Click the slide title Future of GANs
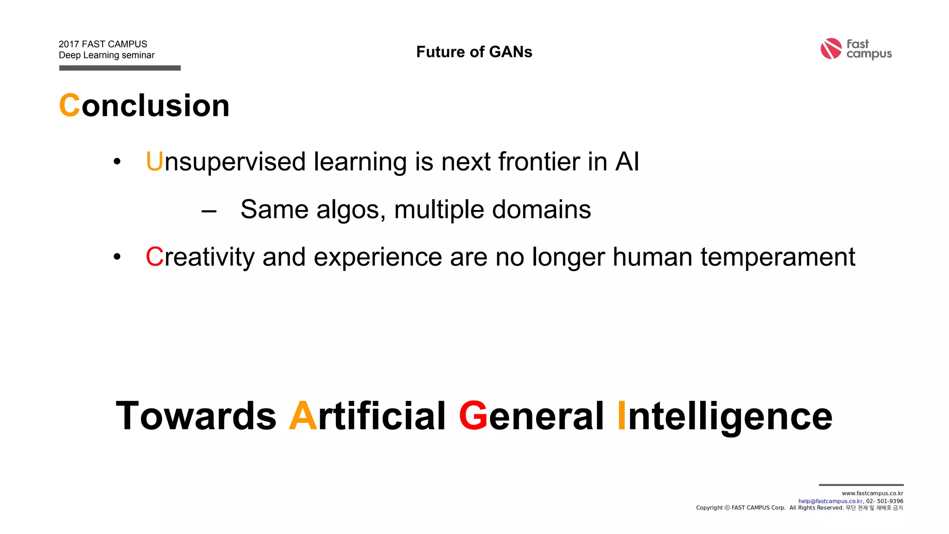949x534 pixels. click(474, 52)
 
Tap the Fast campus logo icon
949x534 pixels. click(831, 49)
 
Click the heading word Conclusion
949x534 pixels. click(145, 106)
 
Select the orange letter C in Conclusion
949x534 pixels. click(70, 105)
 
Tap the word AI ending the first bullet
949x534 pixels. click(627, 162)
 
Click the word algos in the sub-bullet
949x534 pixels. click(351, 210)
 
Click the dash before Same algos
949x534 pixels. click(209, 211)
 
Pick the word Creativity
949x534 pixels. click(200, 257)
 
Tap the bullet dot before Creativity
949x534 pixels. click(117, 257)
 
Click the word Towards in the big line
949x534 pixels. click(196, 416)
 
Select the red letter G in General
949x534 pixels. click(473, 416)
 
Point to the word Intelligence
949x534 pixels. click(725, 417)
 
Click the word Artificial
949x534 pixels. click(367, 416)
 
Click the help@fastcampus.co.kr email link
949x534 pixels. click(830, 501)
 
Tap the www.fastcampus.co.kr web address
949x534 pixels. click(872, 493)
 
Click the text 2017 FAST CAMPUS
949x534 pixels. click(103, 44)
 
